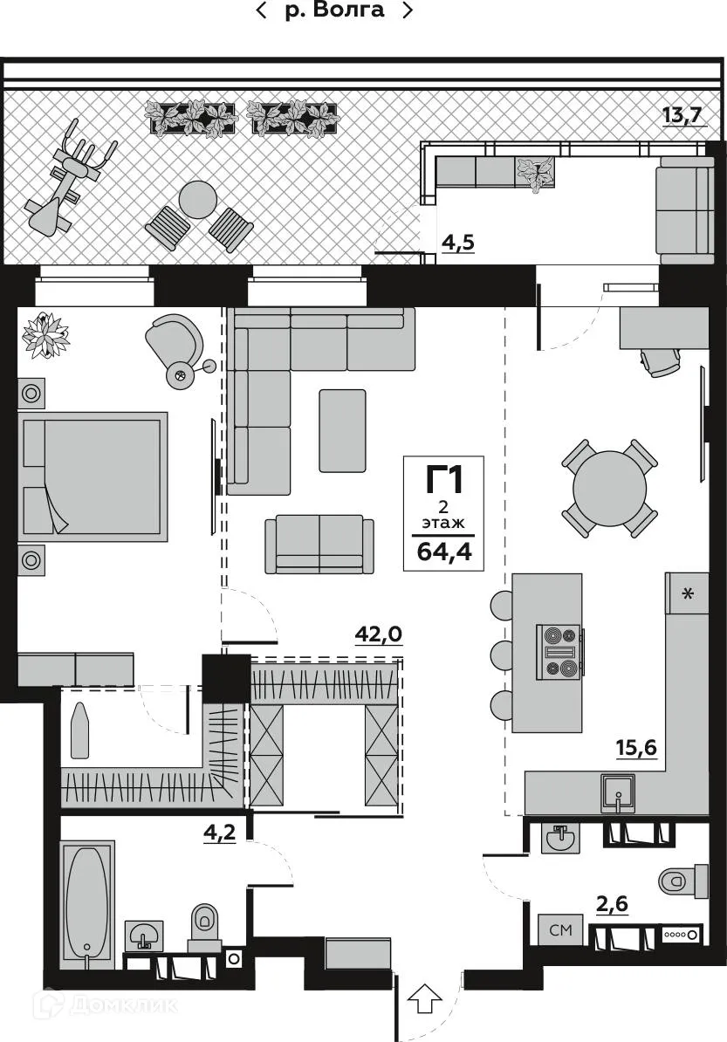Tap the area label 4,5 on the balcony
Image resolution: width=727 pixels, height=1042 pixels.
point(457,243)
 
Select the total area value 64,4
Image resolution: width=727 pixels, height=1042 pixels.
point(443,552)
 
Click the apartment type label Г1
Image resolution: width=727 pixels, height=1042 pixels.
point(442,481)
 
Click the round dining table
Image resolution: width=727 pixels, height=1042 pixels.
point(610,487)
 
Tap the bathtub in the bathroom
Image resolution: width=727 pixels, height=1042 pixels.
point(87,903)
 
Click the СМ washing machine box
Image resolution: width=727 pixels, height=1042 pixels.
point(559,930)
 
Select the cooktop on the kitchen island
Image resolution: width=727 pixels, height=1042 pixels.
point(559,652)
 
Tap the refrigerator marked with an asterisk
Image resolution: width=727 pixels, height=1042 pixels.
point(687,594)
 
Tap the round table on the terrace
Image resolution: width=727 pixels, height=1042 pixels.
point(198,200)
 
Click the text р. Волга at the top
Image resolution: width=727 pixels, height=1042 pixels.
point(334,10)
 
